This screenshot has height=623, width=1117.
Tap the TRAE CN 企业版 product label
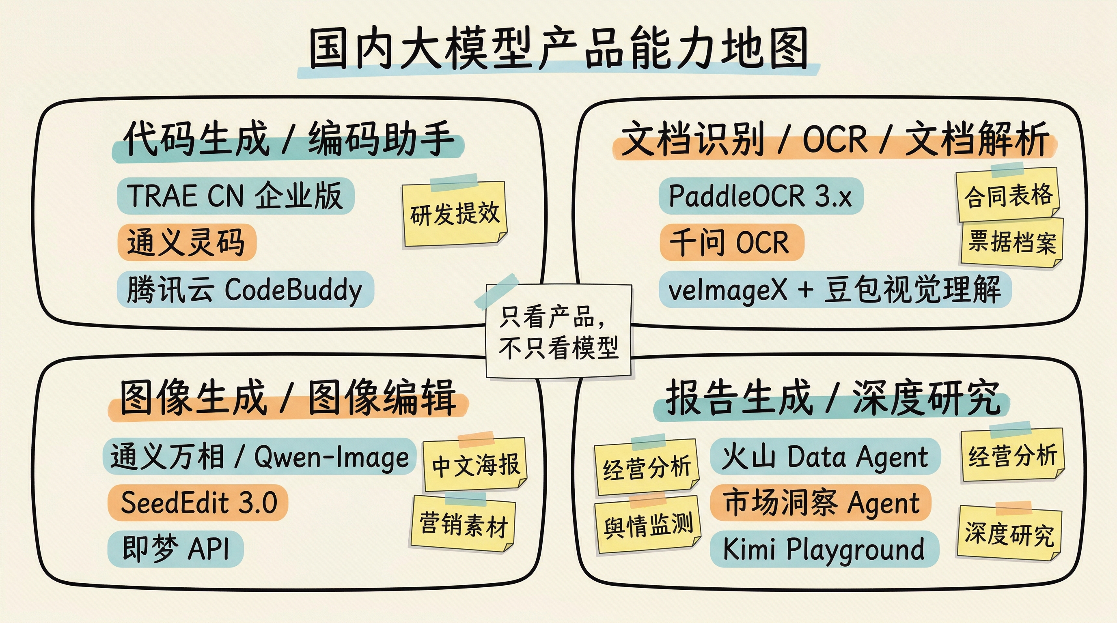pos(235,196)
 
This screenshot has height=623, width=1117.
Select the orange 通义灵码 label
pos(186,242)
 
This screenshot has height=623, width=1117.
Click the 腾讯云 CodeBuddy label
pos(245,290)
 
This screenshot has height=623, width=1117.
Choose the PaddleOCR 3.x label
pos(761,196)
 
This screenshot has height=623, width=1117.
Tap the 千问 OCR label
pos(731,242)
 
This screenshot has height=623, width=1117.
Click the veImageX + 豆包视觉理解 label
pos(835,290)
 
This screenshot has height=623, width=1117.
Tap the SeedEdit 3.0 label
pos(198,503)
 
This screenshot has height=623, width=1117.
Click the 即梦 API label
pos(176,548)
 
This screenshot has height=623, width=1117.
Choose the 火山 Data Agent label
pos(825,457)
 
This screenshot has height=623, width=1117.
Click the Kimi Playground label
pos(824,548)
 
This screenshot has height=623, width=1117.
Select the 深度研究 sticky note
pos(1009,534)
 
